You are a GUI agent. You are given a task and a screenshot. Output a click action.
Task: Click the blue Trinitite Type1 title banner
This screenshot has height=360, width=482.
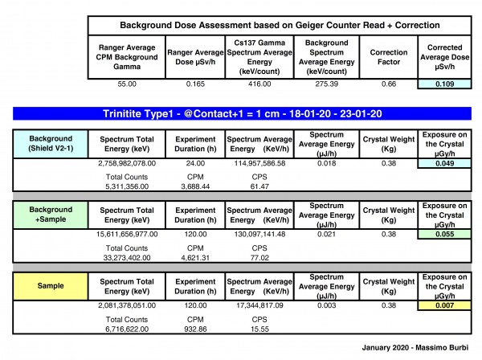(240, 113)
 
